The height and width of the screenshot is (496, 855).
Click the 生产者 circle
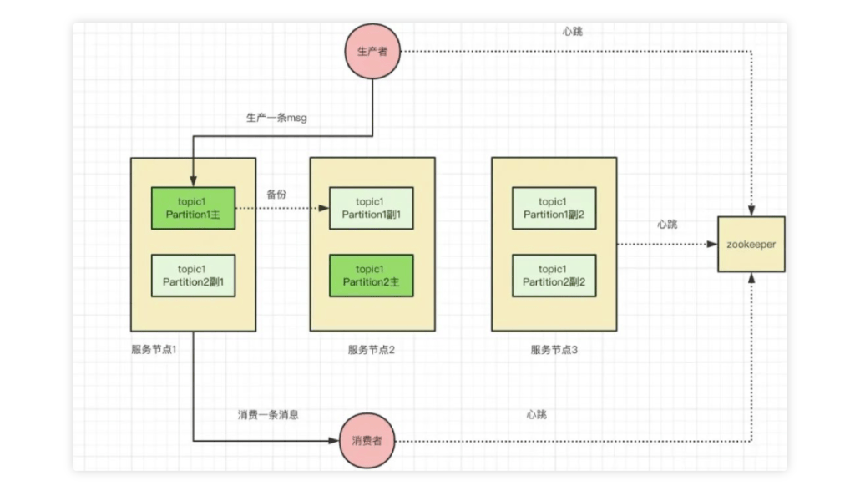[x=373, y=52]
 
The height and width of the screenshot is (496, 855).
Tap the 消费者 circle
[x=367, y=440]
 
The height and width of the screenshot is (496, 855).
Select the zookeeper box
[x=751, y=244]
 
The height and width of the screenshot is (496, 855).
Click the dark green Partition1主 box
[x=193, y=208]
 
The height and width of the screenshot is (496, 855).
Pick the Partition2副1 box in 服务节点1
[x=193, y=275]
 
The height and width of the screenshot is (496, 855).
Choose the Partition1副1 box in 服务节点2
[x=372, y=208]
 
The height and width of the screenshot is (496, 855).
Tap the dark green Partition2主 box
[x=372, y=275]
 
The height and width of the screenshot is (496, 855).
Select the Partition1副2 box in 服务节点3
[x=554, y=208]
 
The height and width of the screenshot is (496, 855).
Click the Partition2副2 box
[x=554, y=275]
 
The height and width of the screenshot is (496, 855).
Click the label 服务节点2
[x=371, y=349]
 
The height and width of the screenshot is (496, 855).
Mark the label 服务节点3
[x=554, y=349]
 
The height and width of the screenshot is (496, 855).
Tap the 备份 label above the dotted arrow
[x=276, y=194]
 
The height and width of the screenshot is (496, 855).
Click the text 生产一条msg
[x=276, y=118]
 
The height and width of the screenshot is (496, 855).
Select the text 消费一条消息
[x=268, y=414]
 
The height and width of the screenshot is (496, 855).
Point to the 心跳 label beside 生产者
[x=573, y=31]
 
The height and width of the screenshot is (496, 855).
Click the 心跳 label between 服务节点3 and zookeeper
[x=667, y=225]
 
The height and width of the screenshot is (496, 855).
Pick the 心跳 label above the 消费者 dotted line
[x=537, y=414]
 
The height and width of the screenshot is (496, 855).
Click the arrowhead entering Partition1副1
[x=325, y=208]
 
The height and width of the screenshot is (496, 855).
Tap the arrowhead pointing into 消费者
[x=334, y=440]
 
